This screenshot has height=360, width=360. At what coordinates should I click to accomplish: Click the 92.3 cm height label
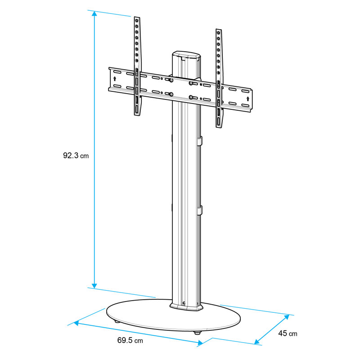pyautogui.click(x=76, y=156)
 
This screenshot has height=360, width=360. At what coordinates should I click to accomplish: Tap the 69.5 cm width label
pyautogui.click(x=130, y=340)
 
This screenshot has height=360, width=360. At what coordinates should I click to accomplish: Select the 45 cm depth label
pyautogui.click(x=288, y=333)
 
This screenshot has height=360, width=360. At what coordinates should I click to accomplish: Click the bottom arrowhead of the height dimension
pyautogui.click(x=94, y=286)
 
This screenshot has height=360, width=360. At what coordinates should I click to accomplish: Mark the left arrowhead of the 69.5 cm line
pyautogui.click(x=76, y=323)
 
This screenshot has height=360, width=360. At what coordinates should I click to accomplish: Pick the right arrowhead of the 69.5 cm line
pyautogui.click(x=200, y=343)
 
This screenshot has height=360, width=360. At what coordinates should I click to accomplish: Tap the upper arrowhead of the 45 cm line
pyautogui.click(x=286, y=317)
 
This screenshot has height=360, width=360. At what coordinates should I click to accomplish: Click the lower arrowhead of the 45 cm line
pyautogui.click(x=257, y=342)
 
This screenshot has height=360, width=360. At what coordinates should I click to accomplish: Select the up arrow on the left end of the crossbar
pyautogui.click(x=115, y=79)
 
